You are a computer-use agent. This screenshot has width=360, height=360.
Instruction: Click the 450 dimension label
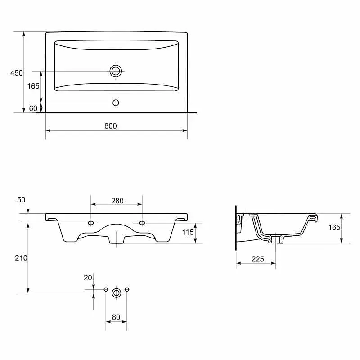point(17,73)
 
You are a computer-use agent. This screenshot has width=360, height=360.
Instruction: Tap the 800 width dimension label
point(111,126)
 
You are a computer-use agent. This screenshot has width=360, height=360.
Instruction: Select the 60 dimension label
point(33,108)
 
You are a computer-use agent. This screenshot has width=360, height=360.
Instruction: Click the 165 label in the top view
point(33,86)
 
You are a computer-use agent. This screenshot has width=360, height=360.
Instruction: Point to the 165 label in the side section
point(334,227)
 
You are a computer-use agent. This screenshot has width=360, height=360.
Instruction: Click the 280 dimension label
point(117,201)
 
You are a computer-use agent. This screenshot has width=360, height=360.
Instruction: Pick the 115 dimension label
point(188,232)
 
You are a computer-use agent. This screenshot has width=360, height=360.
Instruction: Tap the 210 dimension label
point(21,258)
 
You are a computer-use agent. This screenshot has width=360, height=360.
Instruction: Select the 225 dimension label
point(257,259)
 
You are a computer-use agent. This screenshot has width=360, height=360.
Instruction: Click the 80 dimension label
point(116,317)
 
